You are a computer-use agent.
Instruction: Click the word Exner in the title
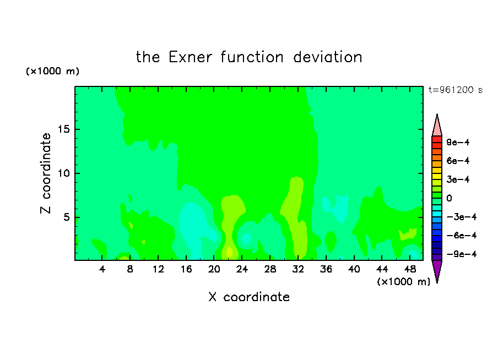[190, 57]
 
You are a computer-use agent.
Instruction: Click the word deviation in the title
[328, 57]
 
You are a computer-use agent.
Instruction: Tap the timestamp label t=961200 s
[456, 90]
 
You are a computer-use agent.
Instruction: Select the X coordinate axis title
[249, 297]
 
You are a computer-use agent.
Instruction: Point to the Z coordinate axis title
[45, 173]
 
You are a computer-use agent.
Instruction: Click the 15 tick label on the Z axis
[63, 129]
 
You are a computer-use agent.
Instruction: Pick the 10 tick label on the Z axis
[63, 173]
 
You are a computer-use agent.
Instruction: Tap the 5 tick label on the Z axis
[66, 217]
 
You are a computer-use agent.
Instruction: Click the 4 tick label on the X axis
[102, 269]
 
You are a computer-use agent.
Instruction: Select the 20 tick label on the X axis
[214, 269]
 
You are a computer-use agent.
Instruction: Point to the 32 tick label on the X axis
[298, 269]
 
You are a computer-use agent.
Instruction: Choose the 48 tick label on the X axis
[410, 269]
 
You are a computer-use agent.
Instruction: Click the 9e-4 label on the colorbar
[458, 142]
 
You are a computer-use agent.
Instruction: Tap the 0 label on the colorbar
[449, 198]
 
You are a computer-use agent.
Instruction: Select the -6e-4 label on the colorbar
[461, 236]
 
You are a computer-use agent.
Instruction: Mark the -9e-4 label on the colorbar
[461, 254]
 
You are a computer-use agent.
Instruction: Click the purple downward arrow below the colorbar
[437, 270]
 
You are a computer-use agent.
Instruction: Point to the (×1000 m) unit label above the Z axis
[52, 71]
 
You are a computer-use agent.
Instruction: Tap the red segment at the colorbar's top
[437, 139]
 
